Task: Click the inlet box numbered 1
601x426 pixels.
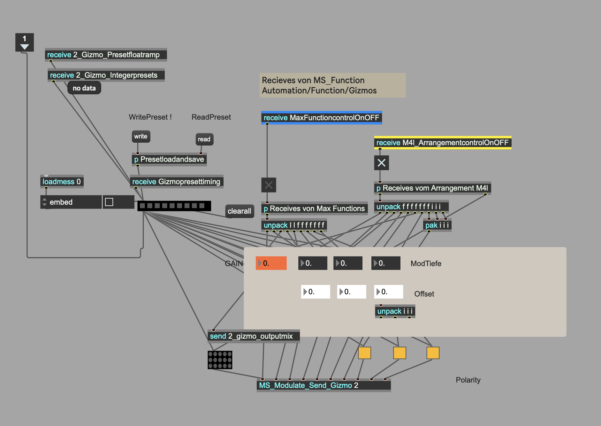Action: pyautogui.click(x=25, y=42)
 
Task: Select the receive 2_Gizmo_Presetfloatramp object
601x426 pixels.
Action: pyautogui.click(x=106, y=55)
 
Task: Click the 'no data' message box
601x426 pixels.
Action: pyautogui.click(x=84, y=88)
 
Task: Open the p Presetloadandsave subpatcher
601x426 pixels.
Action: pyautogui.click(x=169, y=159)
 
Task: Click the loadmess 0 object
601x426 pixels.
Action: pyautogui.click(x=62, y=182)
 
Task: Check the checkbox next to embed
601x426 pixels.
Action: pyautogui.click(x=109, y=202)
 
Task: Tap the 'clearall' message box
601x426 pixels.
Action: pyautogui.click(x=240, y=211)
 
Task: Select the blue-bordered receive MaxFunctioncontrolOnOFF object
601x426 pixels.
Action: pyautogui.click(x=322, y=118)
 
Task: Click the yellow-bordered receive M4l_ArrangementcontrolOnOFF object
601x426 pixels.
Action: pyautogui.click(x=443, y=143)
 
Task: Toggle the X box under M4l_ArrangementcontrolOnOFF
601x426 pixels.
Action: pyautogui.click(x=382, y=163)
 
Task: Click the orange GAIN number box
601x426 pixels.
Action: pyautogui.click(x=271, y=263)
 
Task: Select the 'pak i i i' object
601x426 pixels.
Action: pyautogui.click(x=437, y=225)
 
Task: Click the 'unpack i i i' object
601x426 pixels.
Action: pyautogui.click(x=395, y=311)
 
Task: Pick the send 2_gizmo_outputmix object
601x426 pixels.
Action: pyautogui.click(x=254, y=336)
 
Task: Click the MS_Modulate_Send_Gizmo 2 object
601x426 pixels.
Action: pyautogui.click(x=324, y=385)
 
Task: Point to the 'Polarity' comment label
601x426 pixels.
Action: pyautogui.click(x=468, y=380)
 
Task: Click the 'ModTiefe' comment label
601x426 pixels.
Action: pyautogui.click(x=426, y=264)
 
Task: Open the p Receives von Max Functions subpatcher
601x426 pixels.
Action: pyautogui.click(x=315, y=209)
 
